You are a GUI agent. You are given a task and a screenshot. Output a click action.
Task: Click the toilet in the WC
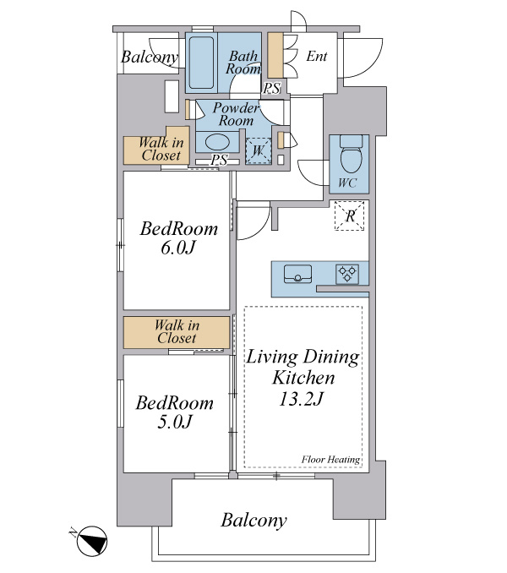click(351, 154)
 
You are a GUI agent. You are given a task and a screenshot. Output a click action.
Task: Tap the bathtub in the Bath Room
click(201, 63)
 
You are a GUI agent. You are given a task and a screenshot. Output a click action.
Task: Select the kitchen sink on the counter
click(297, 274)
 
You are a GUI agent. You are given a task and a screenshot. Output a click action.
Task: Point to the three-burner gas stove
click(347, 274)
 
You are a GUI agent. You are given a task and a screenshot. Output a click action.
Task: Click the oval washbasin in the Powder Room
click(217, 142)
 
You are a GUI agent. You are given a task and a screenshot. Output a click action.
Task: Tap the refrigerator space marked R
click(350, 216)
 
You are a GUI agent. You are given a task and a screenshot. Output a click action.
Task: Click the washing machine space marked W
click(259, 150)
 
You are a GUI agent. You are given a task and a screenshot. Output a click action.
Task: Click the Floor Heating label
click(330, 460)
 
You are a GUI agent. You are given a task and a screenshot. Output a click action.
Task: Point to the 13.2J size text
click(301, 399)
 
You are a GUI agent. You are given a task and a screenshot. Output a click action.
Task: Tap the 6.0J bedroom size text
click(178, 248)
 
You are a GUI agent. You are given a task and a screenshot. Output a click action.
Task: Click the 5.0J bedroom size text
click(175, 422)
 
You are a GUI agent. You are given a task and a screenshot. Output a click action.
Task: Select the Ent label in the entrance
click(316, 57)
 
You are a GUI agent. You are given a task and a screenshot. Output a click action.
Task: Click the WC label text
click(347, 183)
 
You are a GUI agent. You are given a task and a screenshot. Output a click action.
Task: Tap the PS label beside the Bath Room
click(272, 88)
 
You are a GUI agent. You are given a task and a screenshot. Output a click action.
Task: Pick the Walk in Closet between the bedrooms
click(177, 332)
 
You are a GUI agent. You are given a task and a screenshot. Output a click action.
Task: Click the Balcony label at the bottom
click(253, 520)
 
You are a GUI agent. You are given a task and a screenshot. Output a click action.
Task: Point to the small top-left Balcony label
click(150, 57)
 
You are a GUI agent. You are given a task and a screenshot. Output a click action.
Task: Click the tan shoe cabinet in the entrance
click(275, 55)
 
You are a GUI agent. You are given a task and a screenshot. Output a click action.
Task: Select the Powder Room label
click(236, 114)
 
